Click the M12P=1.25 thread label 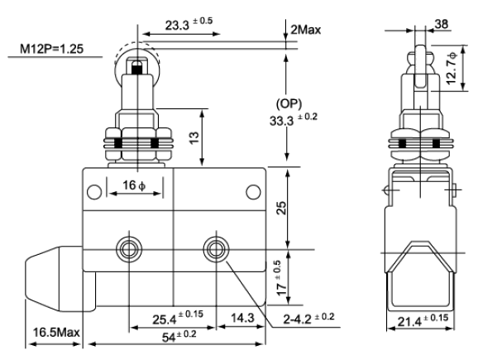click(51, 49)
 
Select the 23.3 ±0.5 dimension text click(189, 24)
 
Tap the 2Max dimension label click(306, 30)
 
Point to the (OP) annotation click(289, 103)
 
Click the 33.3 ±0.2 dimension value click(294, 119)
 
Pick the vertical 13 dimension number click(194, 138)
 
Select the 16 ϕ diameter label click(134, 185)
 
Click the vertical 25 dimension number click(281, 208)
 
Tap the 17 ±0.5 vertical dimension click(281, 278)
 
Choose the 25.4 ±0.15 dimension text click(178, 317)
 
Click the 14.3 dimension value click(242, 318)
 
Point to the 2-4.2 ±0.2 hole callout click(308, 318)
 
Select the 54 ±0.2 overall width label click(179, 336)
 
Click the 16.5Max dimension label click(56, 332)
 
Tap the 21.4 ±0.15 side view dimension click(423, 320)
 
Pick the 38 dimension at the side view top click(441, 24)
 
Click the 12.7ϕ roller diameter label click(452, 68)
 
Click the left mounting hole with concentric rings click(130, 249)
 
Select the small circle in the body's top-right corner click(253, 192)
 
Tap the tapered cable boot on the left click(54, 279)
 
